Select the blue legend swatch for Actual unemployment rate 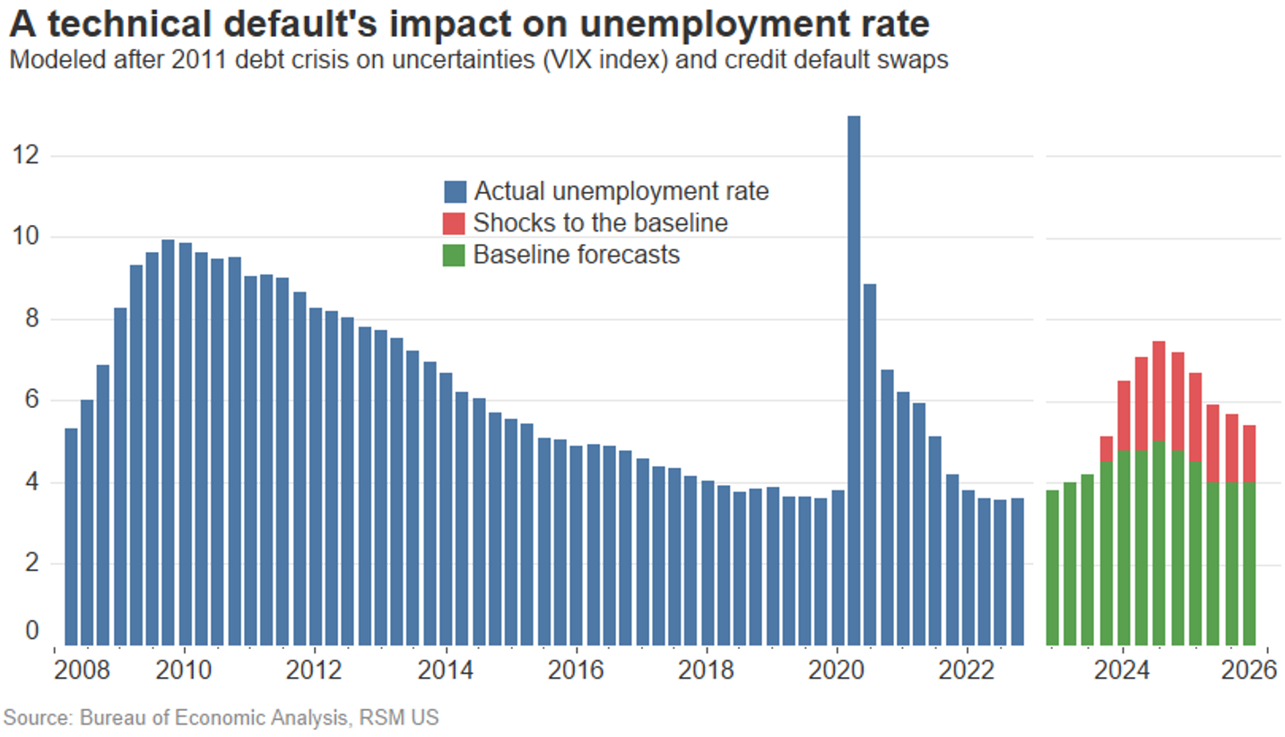pos(456,192)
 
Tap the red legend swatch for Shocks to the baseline pos(456,223)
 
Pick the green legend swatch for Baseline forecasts pos(456,255)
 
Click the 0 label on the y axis pos(32,631)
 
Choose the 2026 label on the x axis pos(1250,671)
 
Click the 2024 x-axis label pos(1119,671)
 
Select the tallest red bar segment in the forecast pos(1159,391)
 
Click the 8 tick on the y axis pos(31,319)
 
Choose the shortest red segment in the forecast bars pos(1106,448)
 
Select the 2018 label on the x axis pos(707,671)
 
